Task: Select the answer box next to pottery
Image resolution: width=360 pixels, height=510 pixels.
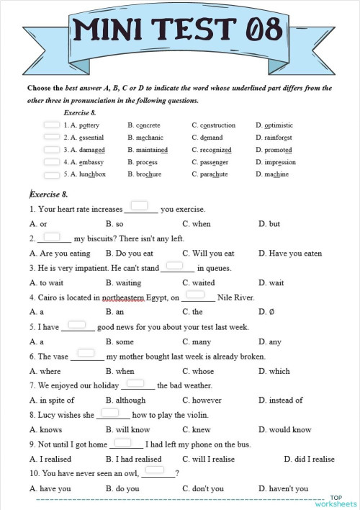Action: [51, 124]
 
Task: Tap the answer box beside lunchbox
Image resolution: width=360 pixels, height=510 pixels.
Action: [51, 174]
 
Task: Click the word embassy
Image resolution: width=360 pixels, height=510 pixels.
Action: [86, 162]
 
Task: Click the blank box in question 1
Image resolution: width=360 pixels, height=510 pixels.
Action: [139, 206]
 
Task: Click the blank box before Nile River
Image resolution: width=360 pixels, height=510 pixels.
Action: [196, 294]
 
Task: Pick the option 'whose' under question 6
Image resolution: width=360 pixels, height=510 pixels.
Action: [202, 371]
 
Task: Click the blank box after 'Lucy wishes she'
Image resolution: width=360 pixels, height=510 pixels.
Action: [109, 413]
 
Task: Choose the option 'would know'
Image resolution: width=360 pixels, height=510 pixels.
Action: [291, 430]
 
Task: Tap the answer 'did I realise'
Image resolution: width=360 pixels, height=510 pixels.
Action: [314, 459]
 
